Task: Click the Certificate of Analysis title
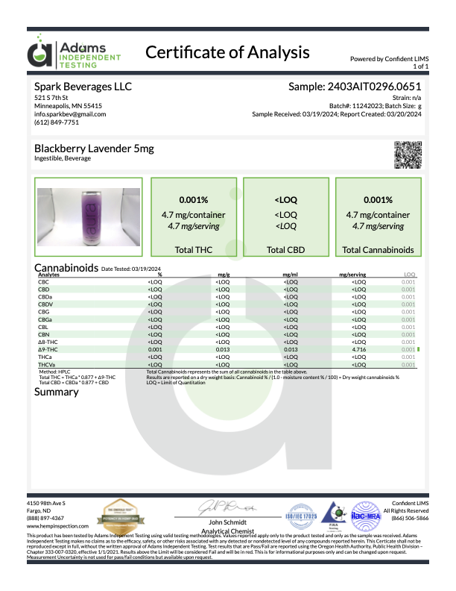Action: point(227,52)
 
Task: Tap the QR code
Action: point(406,154)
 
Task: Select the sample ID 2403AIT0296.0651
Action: point(355,87)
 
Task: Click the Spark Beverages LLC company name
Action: point(83,87)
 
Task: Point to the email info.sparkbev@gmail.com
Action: point(70,114)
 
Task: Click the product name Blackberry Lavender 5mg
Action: point(94,148)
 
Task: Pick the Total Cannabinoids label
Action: point(378,250)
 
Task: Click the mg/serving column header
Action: point(351,275)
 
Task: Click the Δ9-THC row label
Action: point(48,348)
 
